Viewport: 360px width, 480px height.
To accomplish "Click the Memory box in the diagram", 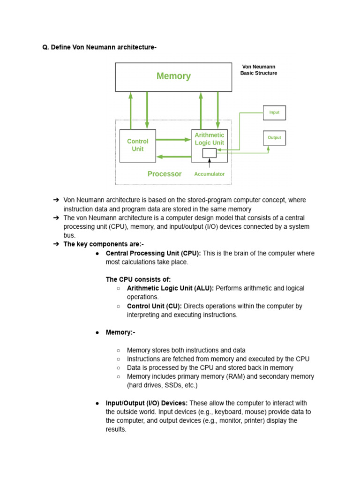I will click(173, 76).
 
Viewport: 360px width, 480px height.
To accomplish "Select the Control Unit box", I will click(137, 145).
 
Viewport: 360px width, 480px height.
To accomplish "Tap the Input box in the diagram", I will click(274, 112).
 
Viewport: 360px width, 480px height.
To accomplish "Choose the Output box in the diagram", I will click(274, 138).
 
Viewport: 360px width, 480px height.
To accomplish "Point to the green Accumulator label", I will click(210, 174).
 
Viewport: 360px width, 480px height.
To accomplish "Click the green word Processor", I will click(165, 174).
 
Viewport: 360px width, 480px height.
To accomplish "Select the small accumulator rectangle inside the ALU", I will click(209, 153).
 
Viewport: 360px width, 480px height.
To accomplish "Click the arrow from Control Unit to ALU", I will click(173, 139).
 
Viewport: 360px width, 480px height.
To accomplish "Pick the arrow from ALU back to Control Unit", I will click(173, 157).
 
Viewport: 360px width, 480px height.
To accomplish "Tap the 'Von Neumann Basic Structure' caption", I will click(259, 70).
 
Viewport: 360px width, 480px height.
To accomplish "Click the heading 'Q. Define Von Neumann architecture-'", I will click(99, 47).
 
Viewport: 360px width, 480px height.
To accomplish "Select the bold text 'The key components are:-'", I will click(104, 244).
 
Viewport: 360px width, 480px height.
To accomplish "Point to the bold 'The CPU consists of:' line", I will click(138, 279).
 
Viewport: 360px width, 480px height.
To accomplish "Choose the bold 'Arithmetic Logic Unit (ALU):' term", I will click(170, 288).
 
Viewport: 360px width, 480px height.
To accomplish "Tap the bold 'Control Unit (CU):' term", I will click(154, 306).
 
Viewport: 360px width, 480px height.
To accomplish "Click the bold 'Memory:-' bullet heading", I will click(120, 332).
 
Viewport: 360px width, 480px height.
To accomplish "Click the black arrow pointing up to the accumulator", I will click(209, 163).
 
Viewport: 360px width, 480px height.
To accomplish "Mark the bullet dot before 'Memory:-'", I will click(97, 332).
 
